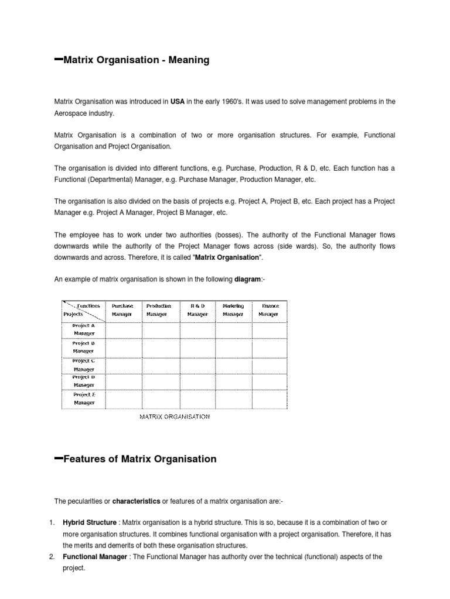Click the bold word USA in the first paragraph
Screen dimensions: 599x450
click(178, 101)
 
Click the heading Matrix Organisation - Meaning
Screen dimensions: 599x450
click(135, 60)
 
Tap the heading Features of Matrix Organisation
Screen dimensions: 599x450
click(139, 459)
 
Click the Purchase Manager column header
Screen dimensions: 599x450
click(122, 309)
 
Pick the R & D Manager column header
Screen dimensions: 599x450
click(197, 309)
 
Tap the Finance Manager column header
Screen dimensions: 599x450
click(270, 309)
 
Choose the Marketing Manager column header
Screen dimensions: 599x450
click(233, 309)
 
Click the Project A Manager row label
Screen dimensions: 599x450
click(83, 329)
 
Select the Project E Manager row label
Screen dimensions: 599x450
click(83, 398)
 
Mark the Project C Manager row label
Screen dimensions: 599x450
click(83, 364)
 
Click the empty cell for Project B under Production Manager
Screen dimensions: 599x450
click(161, 347)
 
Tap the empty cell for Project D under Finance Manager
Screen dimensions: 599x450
click(270, 381)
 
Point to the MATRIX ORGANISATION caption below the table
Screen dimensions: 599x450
click(174, 416)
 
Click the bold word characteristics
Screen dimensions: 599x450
click(136, 501)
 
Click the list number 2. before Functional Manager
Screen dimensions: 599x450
click(52, 557)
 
